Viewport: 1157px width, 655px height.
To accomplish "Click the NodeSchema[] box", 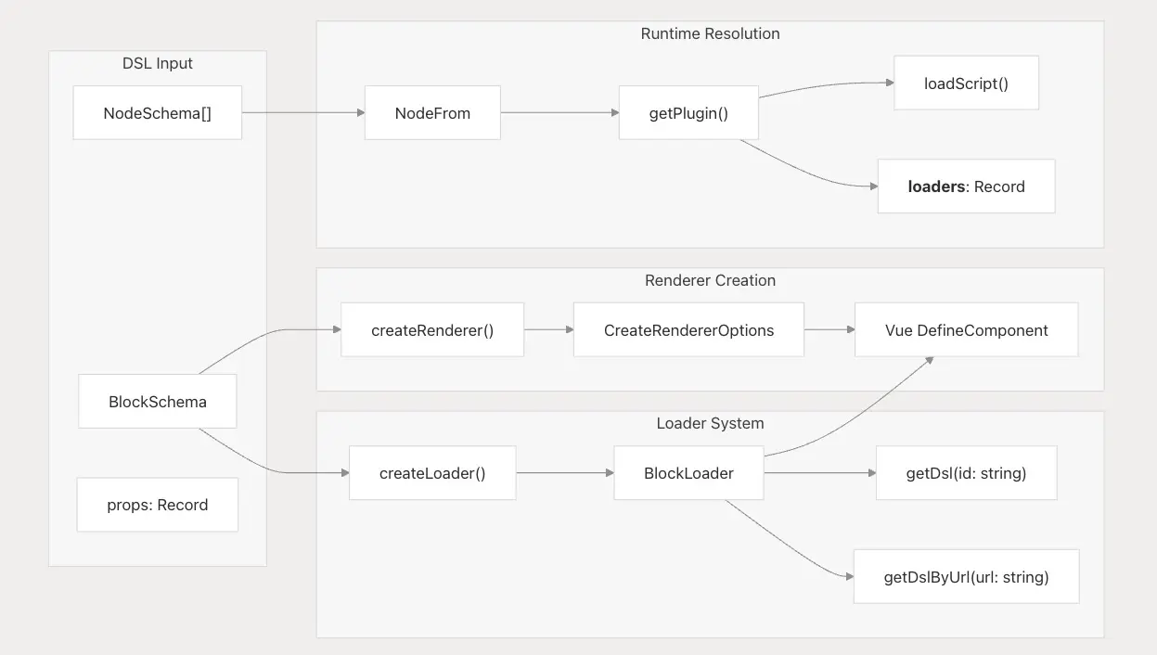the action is (158, 112).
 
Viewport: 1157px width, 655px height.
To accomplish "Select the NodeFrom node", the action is (432, 112).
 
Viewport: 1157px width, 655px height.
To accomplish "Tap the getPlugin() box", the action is (688, 112).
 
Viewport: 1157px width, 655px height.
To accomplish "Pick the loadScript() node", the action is (966, 83).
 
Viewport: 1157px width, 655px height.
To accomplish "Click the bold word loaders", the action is (936, 186).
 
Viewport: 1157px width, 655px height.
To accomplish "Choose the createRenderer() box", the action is (432, 329).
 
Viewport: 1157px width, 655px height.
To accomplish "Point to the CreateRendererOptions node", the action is (688, 329).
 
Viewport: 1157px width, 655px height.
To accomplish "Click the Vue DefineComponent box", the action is (967, 329).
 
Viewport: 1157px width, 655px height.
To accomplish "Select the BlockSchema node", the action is (158, 402).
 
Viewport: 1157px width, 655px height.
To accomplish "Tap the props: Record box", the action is (158, 505).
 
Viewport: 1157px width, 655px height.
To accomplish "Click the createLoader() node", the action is (432, 472).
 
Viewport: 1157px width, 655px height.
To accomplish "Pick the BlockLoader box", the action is (688, 472).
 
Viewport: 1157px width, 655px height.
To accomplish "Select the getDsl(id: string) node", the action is (966, 472).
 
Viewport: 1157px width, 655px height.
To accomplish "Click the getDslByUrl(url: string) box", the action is (966, 576).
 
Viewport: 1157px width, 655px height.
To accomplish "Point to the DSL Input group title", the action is (158, 63).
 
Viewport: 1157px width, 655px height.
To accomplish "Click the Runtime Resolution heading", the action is (710, 33).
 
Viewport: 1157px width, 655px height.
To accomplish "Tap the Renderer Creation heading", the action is (710, 280).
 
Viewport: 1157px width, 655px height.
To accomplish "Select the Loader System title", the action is (710, 423).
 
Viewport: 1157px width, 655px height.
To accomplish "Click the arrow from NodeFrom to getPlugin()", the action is (559, 112).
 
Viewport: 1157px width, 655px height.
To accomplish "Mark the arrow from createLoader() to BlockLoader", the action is (565, 472).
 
